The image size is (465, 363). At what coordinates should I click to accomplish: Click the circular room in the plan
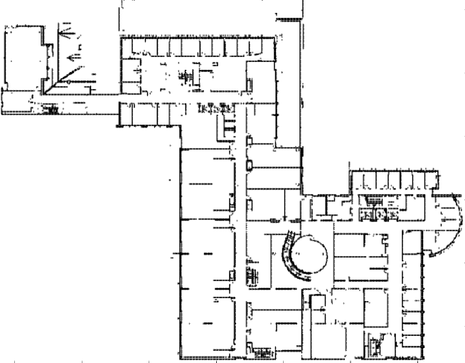click(x=311, y=254)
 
